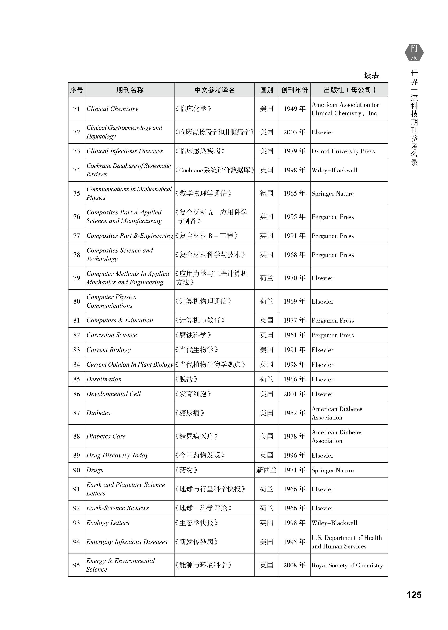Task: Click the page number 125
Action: pyautogui.click(x=414, y=594)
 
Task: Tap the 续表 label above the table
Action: pyautogui.click(x=371, y=75)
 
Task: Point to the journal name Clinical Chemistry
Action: pyautogui.click(x=112, y=109)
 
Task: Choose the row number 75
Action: pyautogui.click(x=76, y=193)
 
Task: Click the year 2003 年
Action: pyautogui.click(x=294, y=132)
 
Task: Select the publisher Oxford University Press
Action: pyautogui.click(x=343, y=151)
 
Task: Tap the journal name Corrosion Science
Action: pyautogui.click(x=112, y=335)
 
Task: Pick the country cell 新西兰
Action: pyautogui.click(x=267, y=470)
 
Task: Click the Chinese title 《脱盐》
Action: pyautogui.click(x=186, y=379)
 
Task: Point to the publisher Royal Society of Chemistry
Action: pyautogui.click(x=347, y=565)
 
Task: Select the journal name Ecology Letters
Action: pyautogui.click(x=108, y=523)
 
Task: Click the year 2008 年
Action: pyautogui.click(x=294, y=565)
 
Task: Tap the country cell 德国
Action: pyautogui.click(x=267, y=193)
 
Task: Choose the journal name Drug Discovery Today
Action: pyautogui.click(x=117, y=455)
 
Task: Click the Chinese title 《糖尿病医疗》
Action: pyautogui.click(x=196, y=436)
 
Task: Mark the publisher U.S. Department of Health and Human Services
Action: pyautogui.click(x=347, y=542)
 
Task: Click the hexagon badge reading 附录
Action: pyautogui.click(x=414, y=53)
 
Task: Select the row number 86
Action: pyautogui.click(x=76, y=394)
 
